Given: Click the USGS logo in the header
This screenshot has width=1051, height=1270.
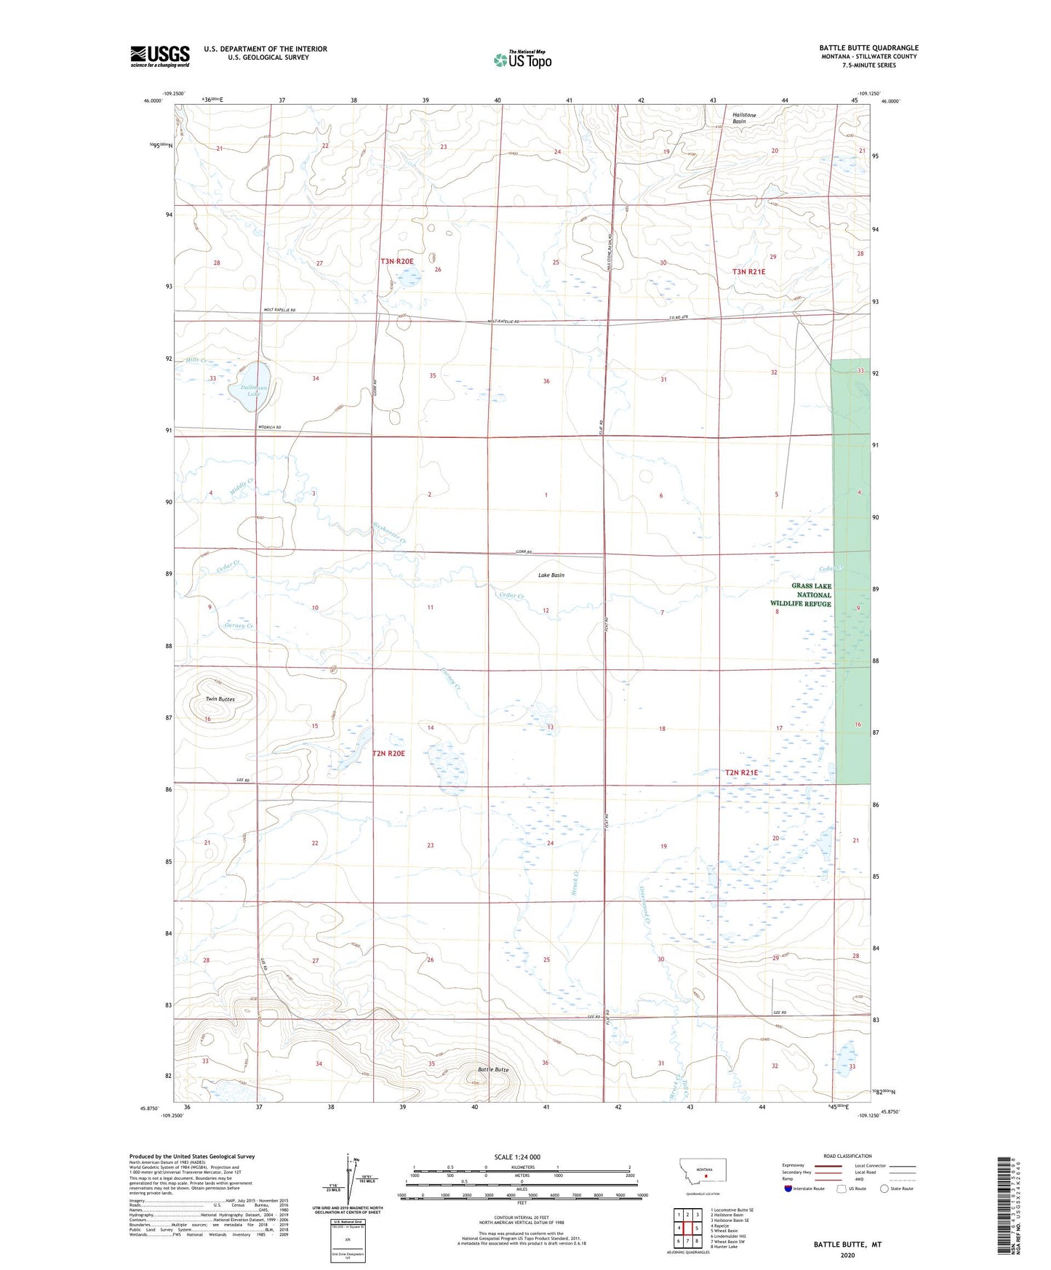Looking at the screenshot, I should coord(160,56).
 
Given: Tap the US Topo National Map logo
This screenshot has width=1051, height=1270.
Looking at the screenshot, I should coord(521,59).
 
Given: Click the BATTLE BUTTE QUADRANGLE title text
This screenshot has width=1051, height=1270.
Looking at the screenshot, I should coord(868,48).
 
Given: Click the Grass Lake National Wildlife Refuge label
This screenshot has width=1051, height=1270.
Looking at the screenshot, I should coord(801,595).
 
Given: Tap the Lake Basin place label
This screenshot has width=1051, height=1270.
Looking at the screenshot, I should coord(551,575).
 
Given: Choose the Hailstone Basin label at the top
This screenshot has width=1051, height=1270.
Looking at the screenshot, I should coord(744,118).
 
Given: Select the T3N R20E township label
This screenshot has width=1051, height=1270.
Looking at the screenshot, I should coord(396,261).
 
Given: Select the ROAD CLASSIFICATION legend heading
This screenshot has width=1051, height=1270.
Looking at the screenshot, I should coord(847,1156).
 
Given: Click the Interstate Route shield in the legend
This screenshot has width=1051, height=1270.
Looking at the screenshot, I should coord(790,1189).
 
